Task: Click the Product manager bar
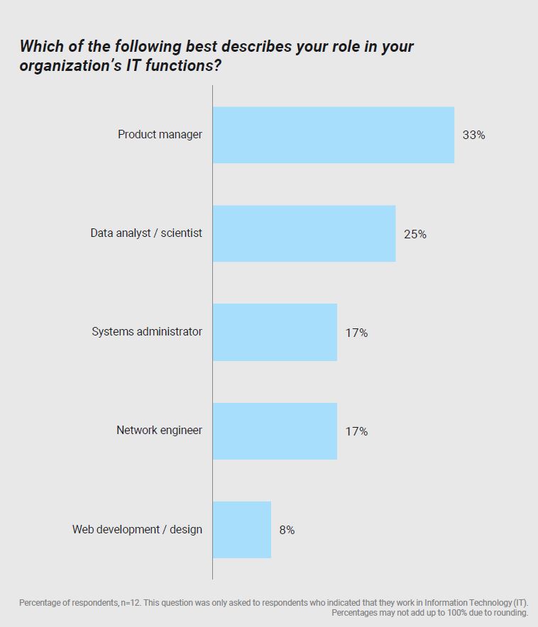point(333,135)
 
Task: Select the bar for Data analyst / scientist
point(304,233)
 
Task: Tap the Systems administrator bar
point(275,332)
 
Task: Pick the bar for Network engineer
point(275,431)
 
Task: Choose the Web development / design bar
point(241,529)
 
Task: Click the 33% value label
point(473,135)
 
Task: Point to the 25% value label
point(415,234)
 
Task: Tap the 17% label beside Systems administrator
point(356,333)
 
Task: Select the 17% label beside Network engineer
point(356,431)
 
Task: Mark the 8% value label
point(287,530)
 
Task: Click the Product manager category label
point(160,134)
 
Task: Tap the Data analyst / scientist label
point(146,233)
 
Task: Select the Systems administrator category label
point(147,331)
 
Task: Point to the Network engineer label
point(159,430)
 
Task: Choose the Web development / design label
point(137,529)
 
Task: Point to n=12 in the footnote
point(133,603)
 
